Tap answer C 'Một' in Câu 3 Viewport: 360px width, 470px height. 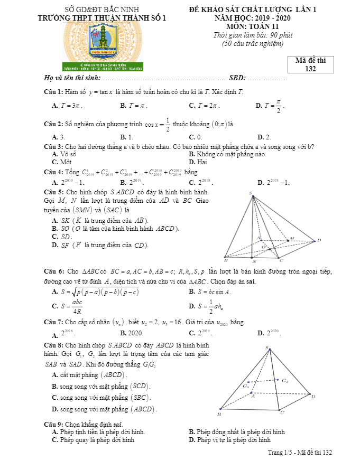(x=62, y=162)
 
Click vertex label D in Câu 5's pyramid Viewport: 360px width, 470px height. (x=318, y=241)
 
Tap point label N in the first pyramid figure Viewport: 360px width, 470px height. (x=253, y=261)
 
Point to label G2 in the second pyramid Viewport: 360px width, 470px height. (x=285, y=381)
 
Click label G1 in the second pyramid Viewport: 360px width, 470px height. (x=246, y=386)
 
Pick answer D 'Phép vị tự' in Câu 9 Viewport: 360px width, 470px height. (x=229, y=439)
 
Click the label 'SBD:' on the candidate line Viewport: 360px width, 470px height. (x=237, y=78)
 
